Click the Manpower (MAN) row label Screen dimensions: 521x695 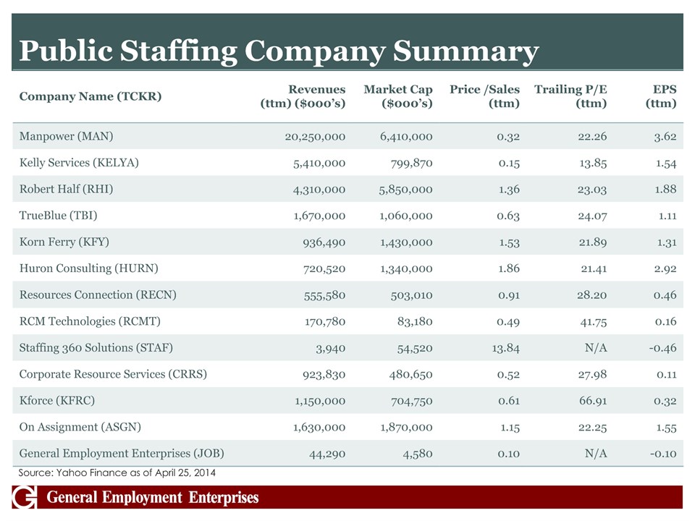66,136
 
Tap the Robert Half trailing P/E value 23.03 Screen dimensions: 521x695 588,190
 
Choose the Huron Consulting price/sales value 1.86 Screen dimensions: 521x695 505,268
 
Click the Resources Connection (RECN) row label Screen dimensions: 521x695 98,295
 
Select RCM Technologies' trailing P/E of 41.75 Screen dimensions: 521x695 588,321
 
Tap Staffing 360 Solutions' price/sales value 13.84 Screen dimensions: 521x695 502,348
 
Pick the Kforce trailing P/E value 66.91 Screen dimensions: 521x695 588,401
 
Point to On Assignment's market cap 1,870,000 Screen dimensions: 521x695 406,427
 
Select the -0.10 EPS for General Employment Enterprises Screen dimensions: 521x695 662,454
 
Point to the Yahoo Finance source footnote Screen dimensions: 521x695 117,473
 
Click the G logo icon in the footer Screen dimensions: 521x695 25,498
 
